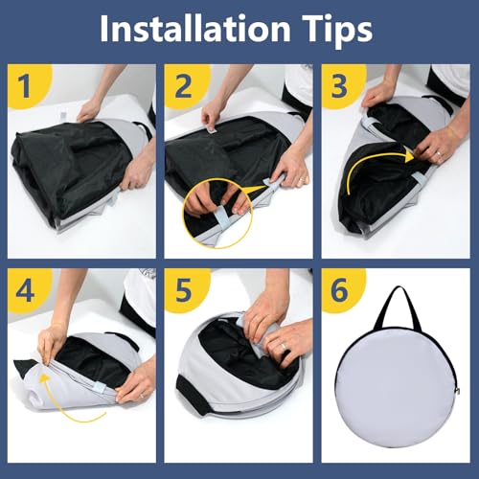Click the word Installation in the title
click(195, 29)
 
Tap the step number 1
click(25, 85)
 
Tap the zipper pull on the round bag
click(458, 390)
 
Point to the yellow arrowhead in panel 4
click(46, 378)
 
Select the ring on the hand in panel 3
click(440, 153)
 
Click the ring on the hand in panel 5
click(284, 347)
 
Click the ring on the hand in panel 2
click(301, 181)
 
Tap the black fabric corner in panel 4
click(24, 364)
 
